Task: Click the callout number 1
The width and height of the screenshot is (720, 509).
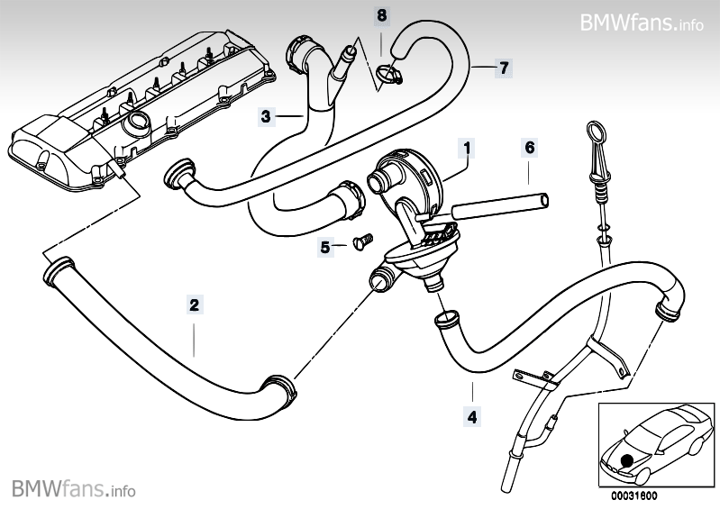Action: (467, 145)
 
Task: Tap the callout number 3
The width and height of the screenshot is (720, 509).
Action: (266, 115)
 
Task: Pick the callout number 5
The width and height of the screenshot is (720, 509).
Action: (324, 245)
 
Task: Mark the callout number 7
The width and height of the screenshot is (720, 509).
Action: (504, 68)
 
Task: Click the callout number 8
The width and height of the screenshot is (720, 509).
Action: (382, 15)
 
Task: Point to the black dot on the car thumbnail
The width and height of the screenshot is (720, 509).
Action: (625, 461)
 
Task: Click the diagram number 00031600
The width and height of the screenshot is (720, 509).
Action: (633, 495)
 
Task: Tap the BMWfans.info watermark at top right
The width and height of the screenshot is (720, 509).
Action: (641, 23)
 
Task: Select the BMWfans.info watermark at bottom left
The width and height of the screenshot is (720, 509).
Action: (74, 490)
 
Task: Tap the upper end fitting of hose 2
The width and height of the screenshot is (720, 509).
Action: (58, 268)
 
